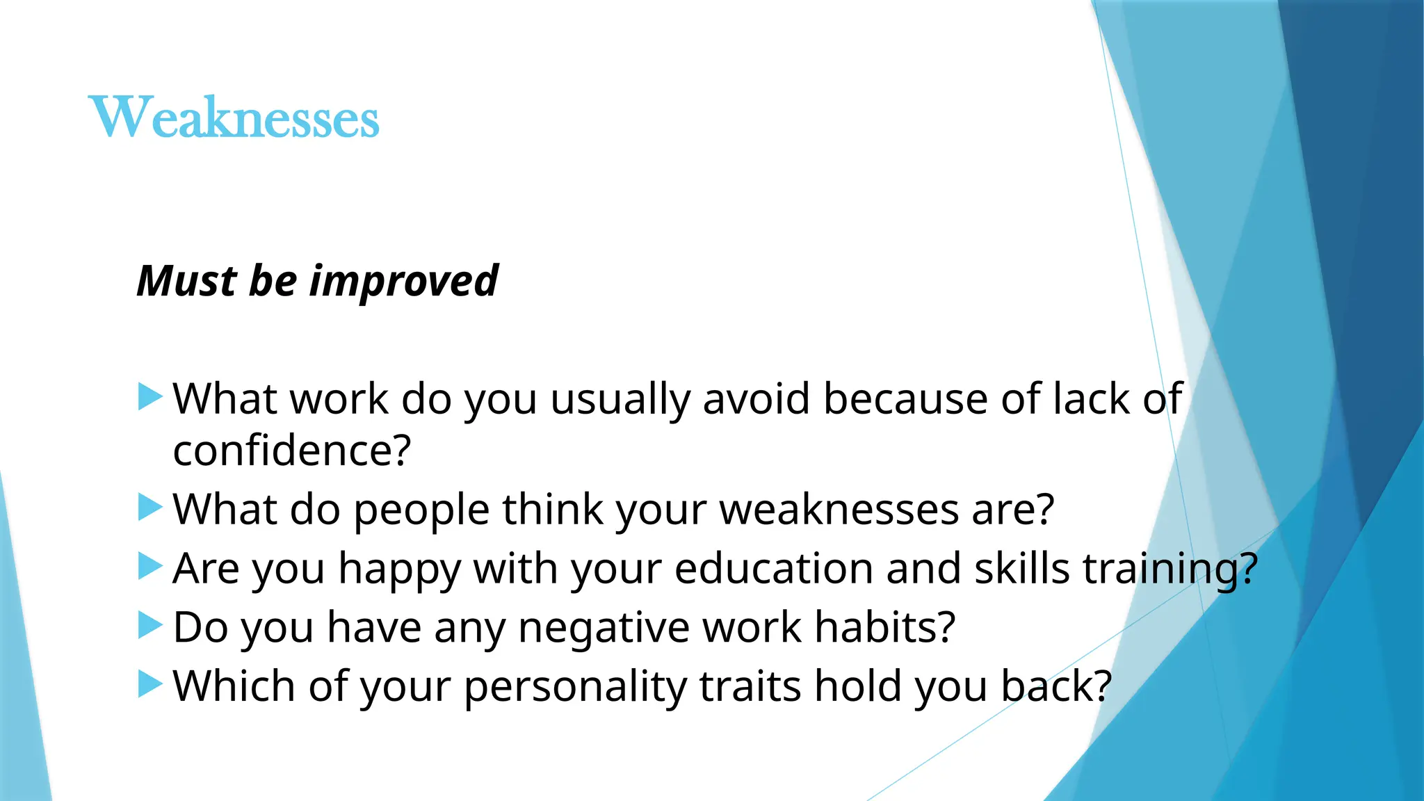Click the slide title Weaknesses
tap(234, 117)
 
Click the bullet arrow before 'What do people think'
tap(149, 508)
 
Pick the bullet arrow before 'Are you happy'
tap(149, 566)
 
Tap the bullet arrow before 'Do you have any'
tap(149, 625)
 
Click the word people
tap(421, 510)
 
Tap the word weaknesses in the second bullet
tap(839, 510)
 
